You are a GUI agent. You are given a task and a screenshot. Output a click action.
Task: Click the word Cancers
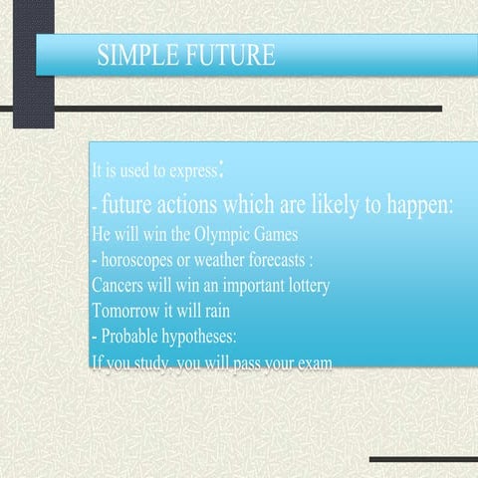click(119, 285)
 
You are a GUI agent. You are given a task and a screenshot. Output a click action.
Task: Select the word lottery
click(303, 285)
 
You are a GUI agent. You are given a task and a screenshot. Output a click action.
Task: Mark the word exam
click(314, 361)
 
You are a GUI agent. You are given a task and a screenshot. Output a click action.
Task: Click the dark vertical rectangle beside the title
click(34, 64)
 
